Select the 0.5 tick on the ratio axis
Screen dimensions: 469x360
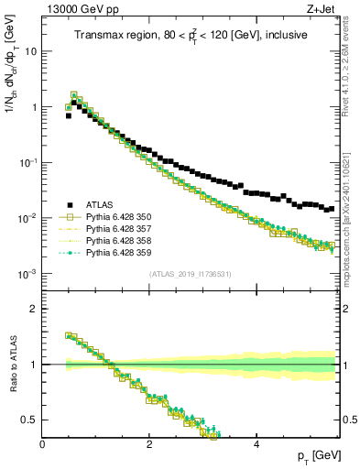(x=31, y=420)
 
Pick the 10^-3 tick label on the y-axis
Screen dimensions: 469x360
(x=27, y=274)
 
